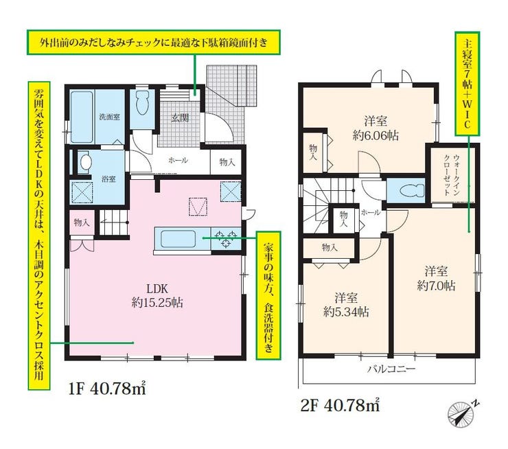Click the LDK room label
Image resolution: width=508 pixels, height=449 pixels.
click(157, 288)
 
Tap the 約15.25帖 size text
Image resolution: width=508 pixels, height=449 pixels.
click(157, 303)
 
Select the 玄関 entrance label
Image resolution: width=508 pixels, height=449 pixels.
click(180, 117)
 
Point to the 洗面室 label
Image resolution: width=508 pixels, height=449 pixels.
click(110, 117)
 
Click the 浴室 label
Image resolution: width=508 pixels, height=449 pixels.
click(108, 179)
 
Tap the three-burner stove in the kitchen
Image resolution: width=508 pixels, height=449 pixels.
click(226, 238)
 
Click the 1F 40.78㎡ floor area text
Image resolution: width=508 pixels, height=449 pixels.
click(108, 389)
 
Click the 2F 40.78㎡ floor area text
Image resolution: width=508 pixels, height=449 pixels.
click(340, 405)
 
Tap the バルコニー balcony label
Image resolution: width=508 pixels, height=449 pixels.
click(391, 369)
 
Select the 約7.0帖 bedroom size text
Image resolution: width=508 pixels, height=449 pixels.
click(437, 286)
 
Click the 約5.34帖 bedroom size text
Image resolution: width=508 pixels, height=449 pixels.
click(346, 312)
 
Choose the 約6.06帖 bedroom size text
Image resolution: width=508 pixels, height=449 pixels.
click(376, 135)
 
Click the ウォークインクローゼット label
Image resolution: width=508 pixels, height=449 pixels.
click(452, 174)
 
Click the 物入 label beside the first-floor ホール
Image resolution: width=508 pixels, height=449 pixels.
click(227, 162)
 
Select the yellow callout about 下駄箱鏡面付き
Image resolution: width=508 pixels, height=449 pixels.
click(154, 43)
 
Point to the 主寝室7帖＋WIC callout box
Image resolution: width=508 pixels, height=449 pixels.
click(467, 84)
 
